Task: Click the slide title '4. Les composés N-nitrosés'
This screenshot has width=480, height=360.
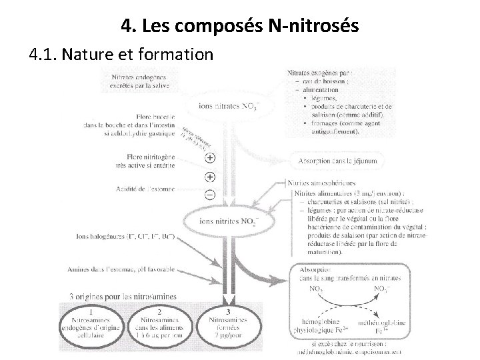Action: coord(241,26)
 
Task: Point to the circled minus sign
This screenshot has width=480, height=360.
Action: coord(210,195)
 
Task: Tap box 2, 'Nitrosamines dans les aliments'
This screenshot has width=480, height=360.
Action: coord(159,325)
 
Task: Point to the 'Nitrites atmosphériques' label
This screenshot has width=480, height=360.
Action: coord(321,183)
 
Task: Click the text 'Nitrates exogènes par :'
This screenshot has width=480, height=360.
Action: coord(320,72)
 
